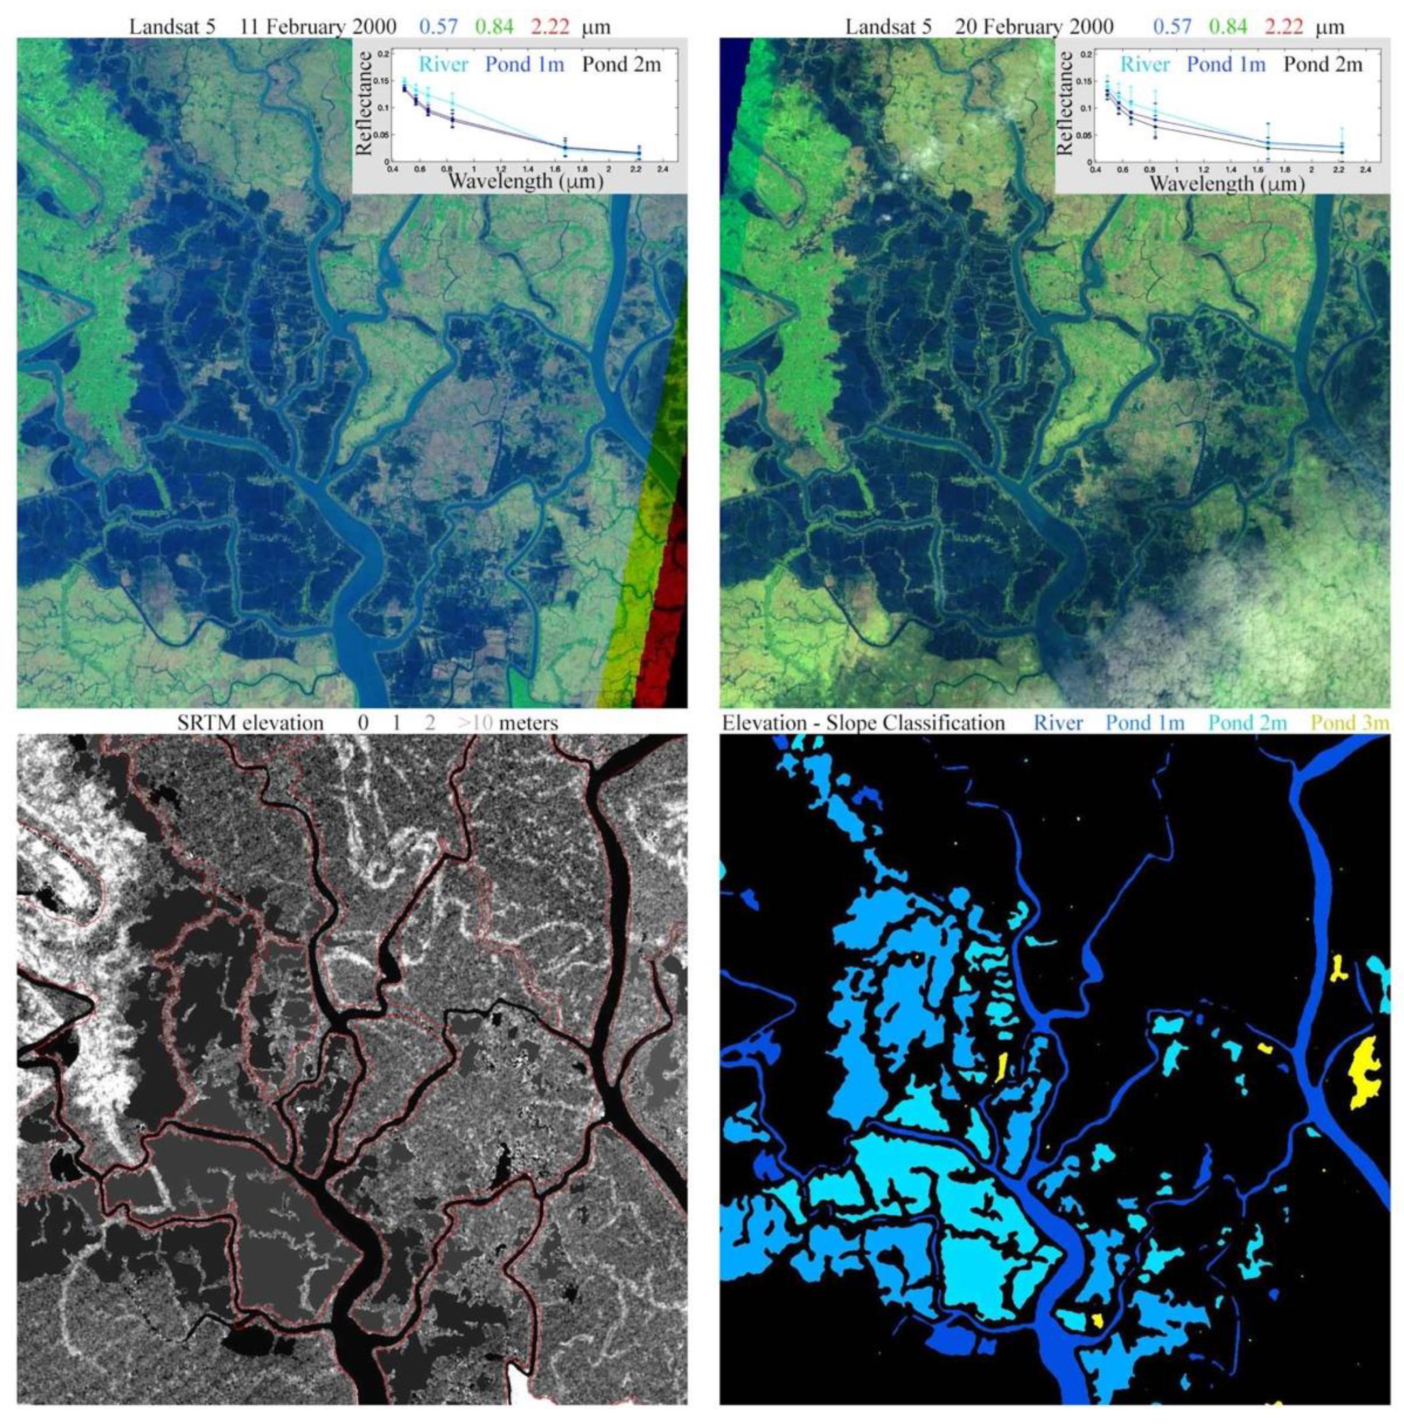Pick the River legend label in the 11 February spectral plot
(443, 65)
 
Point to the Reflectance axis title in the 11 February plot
(363, 103)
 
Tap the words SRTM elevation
(250, 723)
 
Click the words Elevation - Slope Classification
(863, 723)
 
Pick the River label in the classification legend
(1058, 723)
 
